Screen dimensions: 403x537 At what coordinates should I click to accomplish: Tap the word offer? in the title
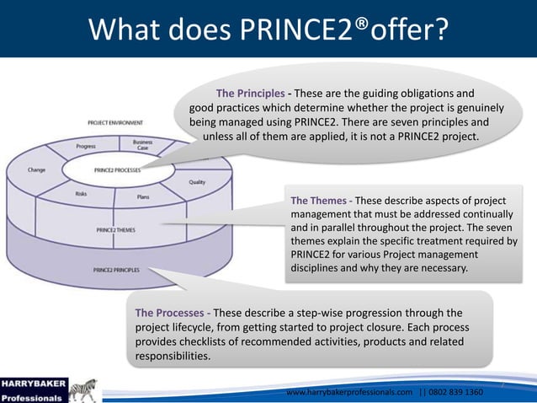403,30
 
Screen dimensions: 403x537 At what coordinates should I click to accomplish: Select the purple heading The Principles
250,93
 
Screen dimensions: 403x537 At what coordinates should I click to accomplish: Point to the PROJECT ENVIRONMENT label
115,123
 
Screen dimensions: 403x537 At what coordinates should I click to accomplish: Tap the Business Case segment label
143,146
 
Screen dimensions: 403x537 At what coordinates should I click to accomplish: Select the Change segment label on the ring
36,169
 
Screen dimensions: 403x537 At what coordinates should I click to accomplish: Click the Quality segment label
197,181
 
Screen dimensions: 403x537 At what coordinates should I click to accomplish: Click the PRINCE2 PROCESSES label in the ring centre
117,169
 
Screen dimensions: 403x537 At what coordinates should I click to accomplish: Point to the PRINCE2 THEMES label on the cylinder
115,229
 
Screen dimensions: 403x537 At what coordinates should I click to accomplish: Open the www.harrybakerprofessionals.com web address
350,393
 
